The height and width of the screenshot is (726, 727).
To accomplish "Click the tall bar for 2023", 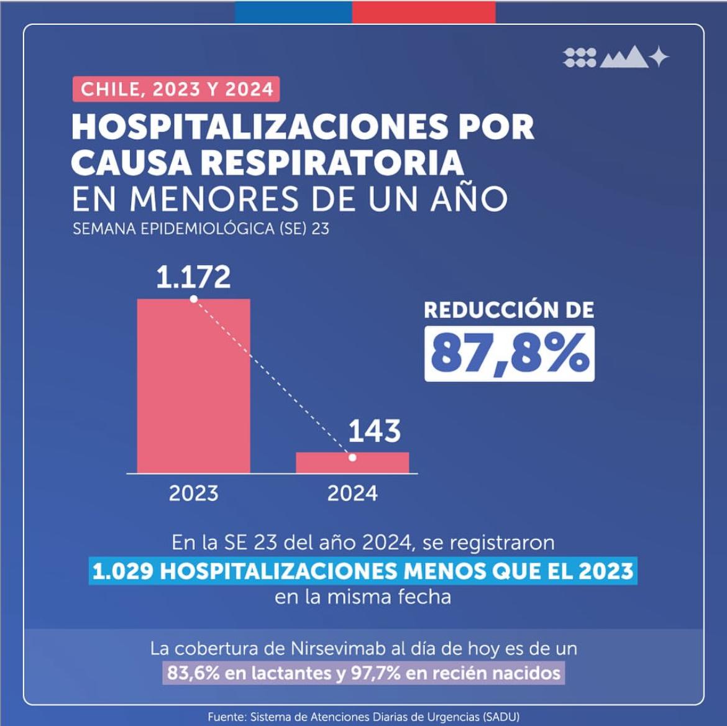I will pyautogui.click(x=193, y=385).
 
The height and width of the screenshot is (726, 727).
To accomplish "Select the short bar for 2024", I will pyautogui.click(x=352, y=463).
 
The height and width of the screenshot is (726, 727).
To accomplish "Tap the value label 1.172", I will pyautogui.click(x=193, y=277).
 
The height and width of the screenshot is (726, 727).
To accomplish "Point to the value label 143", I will pyautogui.click(x=374, y=431).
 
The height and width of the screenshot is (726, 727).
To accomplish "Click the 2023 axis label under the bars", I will pyautogui.click(x=193, y=494).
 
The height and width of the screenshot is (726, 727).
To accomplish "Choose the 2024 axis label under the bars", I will pyautogui.click(x=352, y=494).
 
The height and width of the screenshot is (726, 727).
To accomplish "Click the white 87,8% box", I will pyautogui.click(x=509, y=354).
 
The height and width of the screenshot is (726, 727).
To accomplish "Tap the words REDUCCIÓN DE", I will pyautogui.click(x=509, y=310).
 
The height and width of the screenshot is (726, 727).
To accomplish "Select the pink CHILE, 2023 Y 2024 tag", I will pyautogui.click(x=176, y=89).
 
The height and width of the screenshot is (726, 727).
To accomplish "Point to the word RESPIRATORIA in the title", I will pyautogui.click(x=332, y=163).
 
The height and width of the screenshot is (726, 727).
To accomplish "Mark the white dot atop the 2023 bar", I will pyautogui.click(x=193, y=299).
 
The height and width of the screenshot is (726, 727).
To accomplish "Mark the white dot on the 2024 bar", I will pyautogui.click(x=352, y=457).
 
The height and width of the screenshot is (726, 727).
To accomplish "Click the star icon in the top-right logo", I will pyautogui.click(x=659, y=57).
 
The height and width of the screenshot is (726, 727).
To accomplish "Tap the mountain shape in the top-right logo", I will pyautogui.click(x=624, y=58).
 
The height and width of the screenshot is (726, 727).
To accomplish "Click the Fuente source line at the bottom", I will pyautogui.click(x=363, y=717).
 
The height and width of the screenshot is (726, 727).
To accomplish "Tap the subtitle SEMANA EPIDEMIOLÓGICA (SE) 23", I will pyautogui.click(x=201, y=229).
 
